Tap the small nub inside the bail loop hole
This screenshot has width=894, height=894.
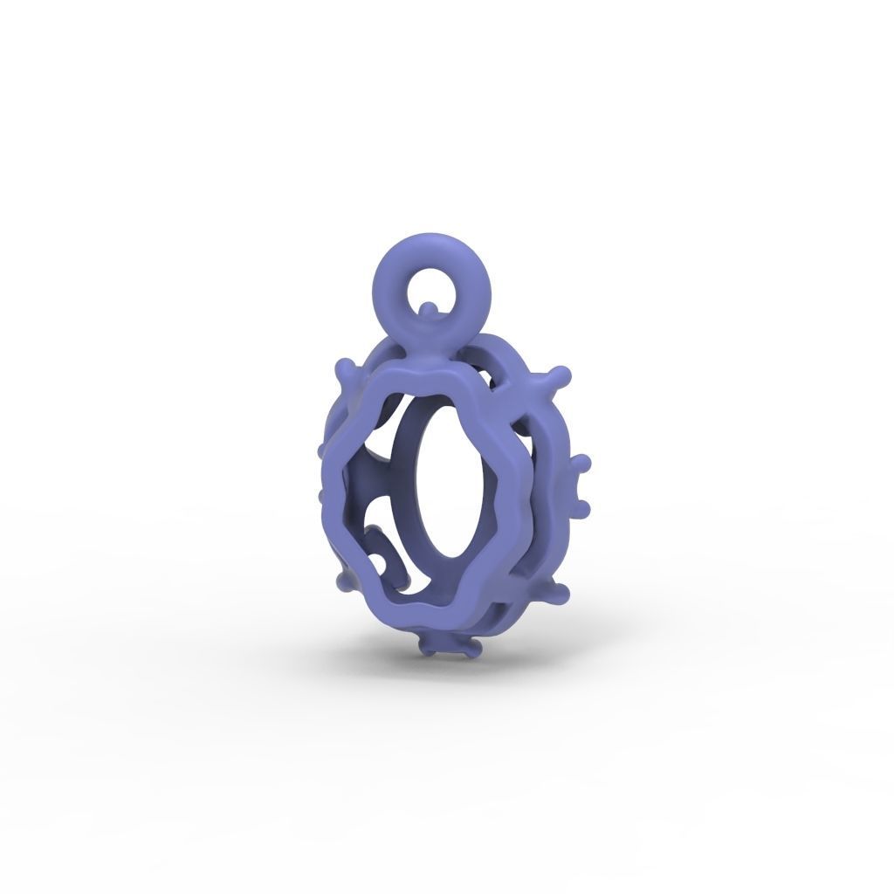tap(427, 308)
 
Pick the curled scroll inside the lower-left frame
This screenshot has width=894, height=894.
tap(384, 554)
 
